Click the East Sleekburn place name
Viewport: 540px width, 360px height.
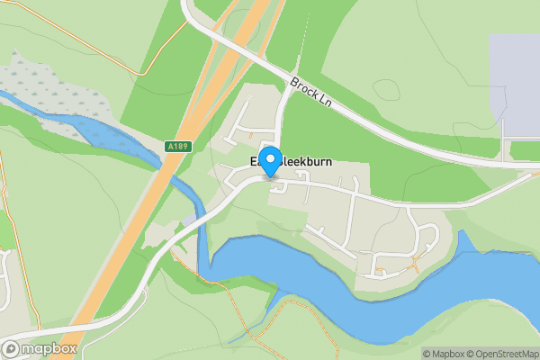point(292,162)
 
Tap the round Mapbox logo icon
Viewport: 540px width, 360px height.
point(13,348)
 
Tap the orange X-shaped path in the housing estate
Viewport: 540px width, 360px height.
point(414,265)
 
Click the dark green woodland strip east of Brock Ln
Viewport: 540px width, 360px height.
point(396,99)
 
